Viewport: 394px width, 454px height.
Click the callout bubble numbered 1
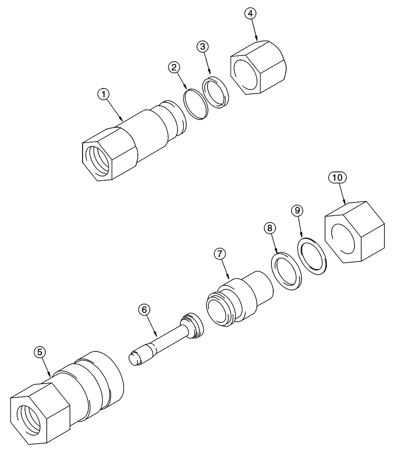(x=104, y=94)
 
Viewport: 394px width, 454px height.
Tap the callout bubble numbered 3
(x=203, y=46)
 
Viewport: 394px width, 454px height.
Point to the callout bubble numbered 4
(x=250, y=13)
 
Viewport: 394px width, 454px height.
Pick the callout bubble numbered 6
(x=144, y=310)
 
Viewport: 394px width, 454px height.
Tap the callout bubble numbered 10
(x=337, y=178)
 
